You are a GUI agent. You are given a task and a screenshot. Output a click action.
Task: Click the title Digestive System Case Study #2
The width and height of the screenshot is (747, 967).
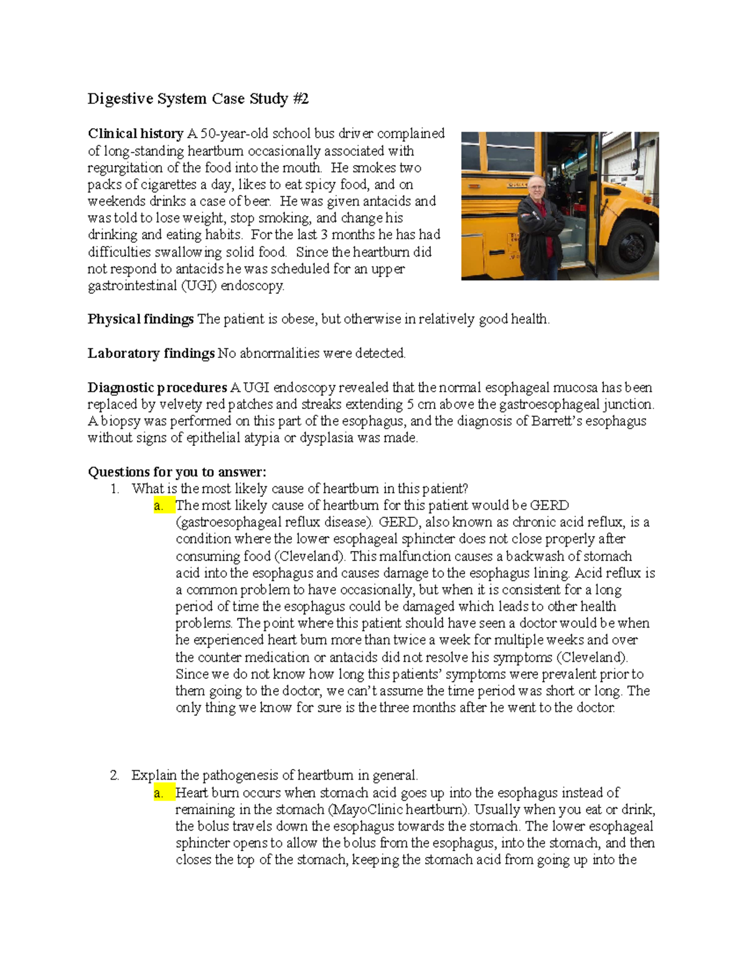coord(198,99)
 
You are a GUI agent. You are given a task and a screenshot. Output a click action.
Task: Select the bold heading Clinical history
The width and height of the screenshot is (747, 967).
coord(135,134)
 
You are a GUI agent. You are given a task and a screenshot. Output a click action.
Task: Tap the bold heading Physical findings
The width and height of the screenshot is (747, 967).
coord(141,319)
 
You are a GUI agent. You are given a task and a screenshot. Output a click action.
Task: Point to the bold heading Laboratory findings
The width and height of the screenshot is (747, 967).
coord(151,354)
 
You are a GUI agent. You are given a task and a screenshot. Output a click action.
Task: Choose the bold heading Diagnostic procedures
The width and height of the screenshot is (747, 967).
coord(157,388)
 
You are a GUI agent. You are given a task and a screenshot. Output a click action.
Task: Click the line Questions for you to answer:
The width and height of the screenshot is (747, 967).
coord(177,472)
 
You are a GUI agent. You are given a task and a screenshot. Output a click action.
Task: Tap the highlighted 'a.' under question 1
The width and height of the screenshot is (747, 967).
coord(159,506)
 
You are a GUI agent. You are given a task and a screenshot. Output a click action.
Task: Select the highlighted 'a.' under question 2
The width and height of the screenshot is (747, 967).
coord(159,793)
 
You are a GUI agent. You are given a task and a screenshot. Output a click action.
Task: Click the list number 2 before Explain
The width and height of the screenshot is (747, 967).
coord(114,776)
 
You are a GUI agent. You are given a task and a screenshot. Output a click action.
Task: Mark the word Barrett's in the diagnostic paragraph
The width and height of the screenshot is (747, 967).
coord(557,422)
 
